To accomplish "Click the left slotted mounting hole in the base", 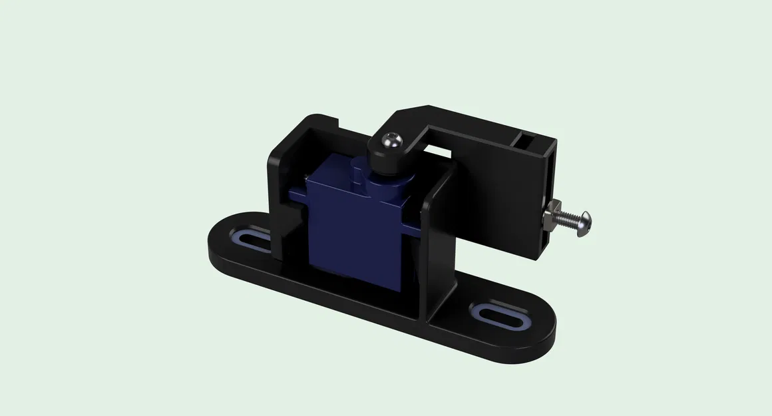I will [x=252, y=241].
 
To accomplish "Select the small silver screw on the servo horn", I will [x=391, y=140].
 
